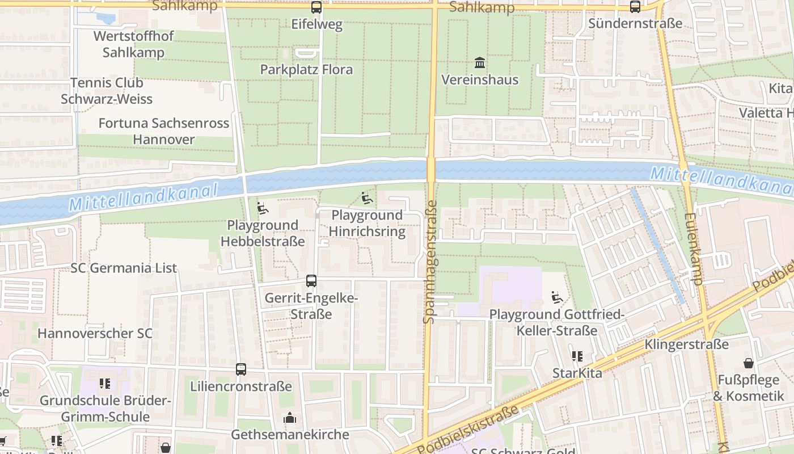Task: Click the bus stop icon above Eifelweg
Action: (316, 7)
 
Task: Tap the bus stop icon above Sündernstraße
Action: (635, 7)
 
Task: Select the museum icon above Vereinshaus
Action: (480, 62)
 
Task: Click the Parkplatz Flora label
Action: (306, 70)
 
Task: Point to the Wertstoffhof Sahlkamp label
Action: (133, 44)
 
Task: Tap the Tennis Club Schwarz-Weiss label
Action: (107, 91)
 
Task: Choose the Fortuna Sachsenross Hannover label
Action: (164, 131)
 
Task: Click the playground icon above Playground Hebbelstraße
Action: (262, 208)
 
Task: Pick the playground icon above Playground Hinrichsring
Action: (367, 198)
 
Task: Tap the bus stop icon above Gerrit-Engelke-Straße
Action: (311, 280)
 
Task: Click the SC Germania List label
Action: (124, 268)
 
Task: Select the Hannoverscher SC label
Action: (95, 333)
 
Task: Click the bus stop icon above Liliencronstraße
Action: (241, 369)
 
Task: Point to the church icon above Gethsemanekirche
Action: (290, 419)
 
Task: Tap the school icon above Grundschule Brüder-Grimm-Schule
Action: (104, 384)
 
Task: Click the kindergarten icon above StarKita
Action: (577, 356)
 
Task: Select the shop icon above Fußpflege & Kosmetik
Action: (748, 363)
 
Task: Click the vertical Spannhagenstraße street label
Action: (429, 261)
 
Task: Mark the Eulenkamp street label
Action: (695, 249)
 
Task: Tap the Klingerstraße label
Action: (686, 344)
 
